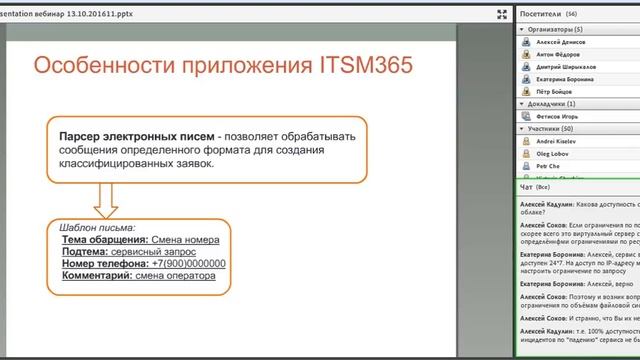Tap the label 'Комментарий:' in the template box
click(99, 275)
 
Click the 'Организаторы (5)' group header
click(557, 30)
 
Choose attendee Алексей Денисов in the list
click(563, 43)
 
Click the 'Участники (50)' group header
click(553, 129)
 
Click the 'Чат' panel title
click(526, 187)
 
